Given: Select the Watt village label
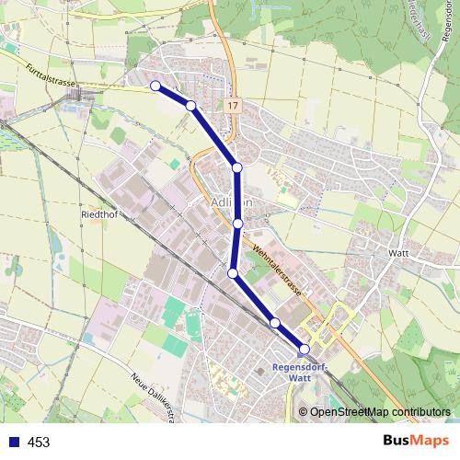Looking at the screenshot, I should (398, 252).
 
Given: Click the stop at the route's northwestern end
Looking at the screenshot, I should (155, 86).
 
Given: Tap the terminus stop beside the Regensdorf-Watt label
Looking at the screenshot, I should (305, 349).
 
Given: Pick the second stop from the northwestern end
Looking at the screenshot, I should (190, 106).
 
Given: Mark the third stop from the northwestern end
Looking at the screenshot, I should (237, 167).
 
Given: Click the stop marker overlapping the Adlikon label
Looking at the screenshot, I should (238, 224).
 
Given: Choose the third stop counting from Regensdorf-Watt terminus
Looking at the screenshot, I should (233, 273).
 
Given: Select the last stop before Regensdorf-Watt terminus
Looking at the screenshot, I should (275, 322).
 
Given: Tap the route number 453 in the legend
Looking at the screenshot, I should (38, 443).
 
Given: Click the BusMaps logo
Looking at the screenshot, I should (417, 442).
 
